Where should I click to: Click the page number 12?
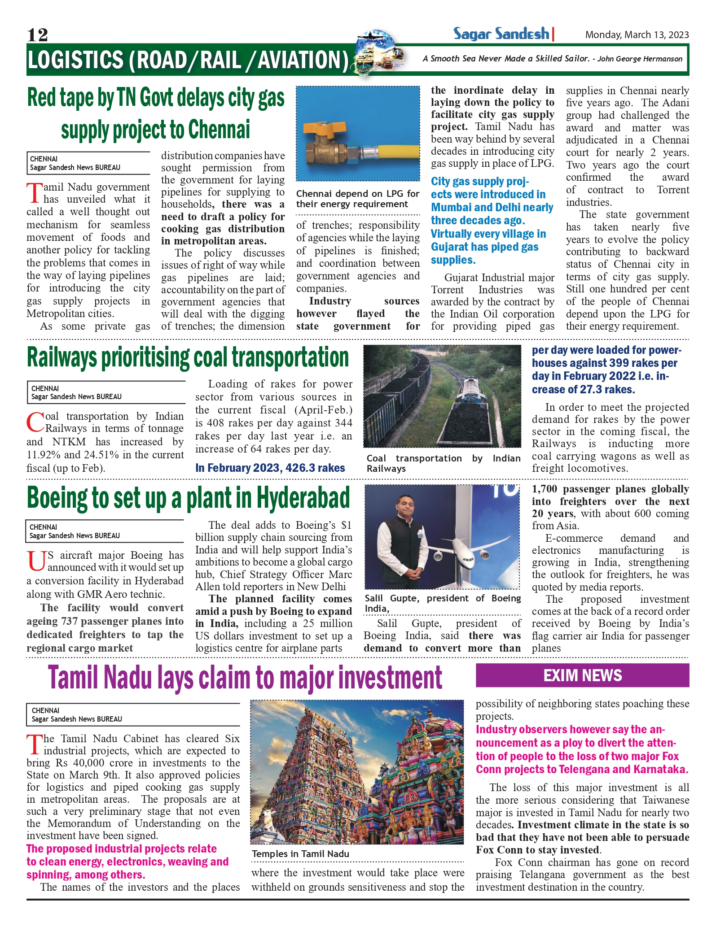coord(37,35)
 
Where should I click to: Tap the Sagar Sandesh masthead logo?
coord(501,34)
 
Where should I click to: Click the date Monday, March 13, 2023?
coord(637,35)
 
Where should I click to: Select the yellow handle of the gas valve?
coord(324,127)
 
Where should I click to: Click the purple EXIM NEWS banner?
coord(582,675)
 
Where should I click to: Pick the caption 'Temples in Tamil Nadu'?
coord(300,854)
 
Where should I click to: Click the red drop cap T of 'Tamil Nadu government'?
coord(35,193)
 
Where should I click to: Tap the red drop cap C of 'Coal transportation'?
coord(35,422)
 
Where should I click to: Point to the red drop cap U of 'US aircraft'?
coord(36,561)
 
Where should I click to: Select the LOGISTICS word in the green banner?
coord(75,60)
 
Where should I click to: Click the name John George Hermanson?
coord(640,59)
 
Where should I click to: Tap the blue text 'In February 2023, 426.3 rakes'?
coord(270,468)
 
